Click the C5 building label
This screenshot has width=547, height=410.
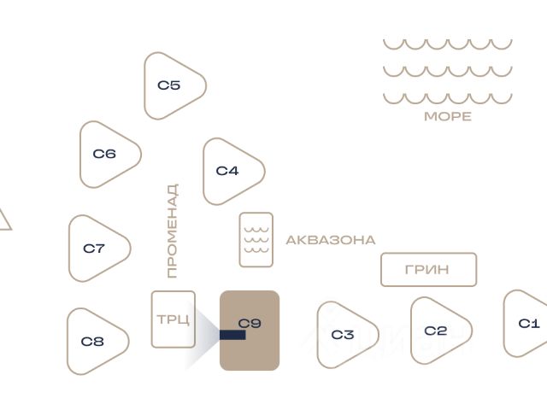tap(169, 85)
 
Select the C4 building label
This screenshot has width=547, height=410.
tap(227, 171)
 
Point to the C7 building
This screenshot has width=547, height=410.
tap(99, 249)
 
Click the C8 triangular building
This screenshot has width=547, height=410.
tap(97, 342)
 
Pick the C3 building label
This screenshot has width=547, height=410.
tap(343, 335)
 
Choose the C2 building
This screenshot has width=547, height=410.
tap(441, 331)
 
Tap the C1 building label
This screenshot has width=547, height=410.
tap(529, 324)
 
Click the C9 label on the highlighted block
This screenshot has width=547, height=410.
tap(250, 323)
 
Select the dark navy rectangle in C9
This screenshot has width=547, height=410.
tap(232, 335)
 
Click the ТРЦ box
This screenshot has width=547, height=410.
tap(174, 319)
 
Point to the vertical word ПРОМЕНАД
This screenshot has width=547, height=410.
tap(173, 231)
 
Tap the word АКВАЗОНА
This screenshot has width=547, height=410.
tap(331, 240)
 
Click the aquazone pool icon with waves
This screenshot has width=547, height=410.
tap(256, 240)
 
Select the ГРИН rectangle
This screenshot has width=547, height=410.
tap(429, 270)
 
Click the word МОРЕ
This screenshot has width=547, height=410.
tap(448, 116)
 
